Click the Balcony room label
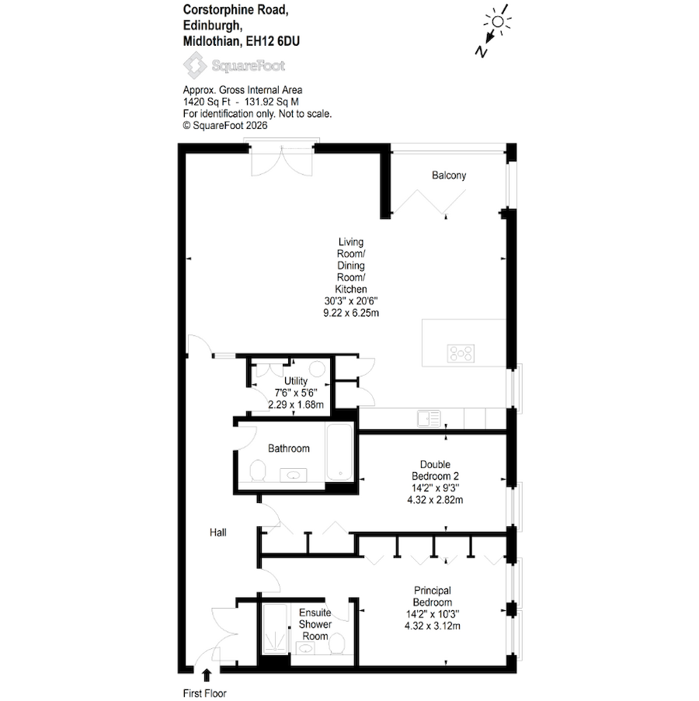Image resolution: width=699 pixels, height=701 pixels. click(449, 175)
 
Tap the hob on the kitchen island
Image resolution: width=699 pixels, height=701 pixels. click(461, 354)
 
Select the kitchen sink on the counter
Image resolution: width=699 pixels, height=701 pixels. click(428, 418)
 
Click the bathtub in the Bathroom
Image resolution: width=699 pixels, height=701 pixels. click(340, 452)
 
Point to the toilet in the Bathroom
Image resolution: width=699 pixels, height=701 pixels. click(259, 470)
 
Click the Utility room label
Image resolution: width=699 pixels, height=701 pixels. click(296, 381)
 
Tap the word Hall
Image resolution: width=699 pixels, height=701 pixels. click(217, 533)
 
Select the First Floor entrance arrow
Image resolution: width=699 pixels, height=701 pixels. click(206, 677)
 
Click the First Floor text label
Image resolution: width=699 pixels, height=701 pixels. click(205, 693)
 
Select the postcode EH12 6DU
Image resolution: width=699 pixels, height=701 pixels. click(270, 42)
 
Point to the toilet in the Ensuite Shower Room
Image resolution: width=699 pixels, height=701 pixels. click(337, 643)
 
